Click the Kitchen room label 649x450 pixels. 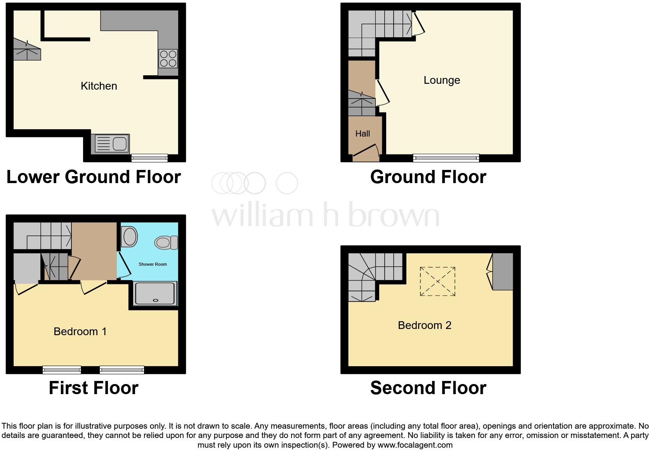click(x=99, y=86)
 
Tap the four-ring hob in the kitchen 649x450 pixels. click(x=168, y=59)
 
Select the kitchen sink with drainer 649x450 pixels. click(x=111, y=143)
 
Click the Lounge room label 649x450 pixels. click(x=442, y=80)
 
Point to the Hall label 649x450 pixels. click(x=363, y=133)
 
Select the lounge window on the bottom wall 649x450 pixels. click(x=446, y=157)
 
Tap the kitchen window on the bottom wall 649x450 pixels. click(x=149, y=157)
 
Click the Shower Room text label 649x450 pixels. click(x=153, y=264)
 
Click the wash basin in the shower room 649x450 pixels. click(x=129, y=237)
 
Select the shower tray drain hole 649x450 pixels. click(x=156, y=300)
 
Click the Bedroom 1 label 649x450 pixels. click(x=80, y=331)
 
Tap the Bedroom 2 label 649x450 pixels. click(x=425, y=325)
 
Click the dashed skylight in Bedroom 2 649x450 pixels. click(x=437, y=282)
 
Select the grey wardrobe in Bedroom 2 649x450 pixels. click(x=503, y=272)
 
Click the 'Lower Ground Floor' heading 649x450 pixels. click(x=94, y=177)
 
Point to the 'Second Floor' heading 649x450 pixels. click(x=428, y=388)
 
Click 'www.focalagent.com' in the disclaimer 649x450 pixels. click(x=415, y=445)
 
